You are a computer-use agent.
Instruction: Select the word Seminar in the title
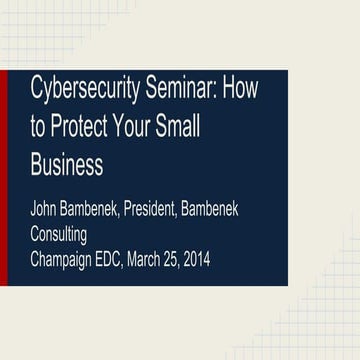click(x=184, y=89)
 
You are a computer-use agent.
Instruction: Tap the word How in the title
click(x=240, y=89)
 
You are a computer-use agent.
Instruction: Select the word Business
click(x=66, y=162)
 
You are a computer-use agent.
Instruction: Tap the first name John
click(x=45, y=212)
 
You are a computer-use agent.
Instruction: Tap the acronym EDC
click(x=124, y=259)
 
